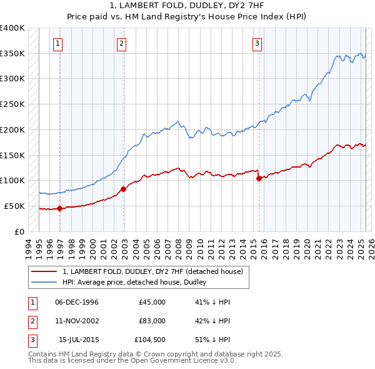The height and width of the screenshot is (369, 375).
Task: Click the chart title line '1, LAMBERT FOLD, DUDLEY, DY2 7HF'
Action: click(187, 6)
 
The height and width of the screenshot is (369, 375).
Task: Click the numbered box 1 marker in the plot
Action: click(57, 43)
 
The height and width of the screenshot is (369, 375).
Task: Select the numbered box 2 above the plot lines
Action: click(121, 43)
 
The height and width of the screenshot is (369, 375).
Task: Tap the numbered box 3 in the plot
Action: click(257, 43)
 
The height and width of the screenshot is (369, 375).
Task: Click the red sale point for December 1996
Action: click(60, 209)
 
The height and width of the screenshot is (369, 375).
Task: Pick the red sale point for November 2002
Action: click(123, 189)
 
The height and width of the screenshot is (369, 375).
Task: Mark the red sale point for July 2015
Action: click(259, 178)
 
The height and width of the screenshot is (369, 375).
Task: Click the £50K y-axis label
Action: click(15, 206)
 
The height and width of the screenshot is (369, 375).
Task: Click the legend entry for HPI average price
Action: click(134, 283)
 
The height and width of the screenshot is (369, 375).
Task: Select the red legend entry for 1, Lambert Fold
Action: click(156, 271)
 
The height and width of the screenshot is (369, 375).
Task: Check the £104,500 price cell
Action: click(150, 340)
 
